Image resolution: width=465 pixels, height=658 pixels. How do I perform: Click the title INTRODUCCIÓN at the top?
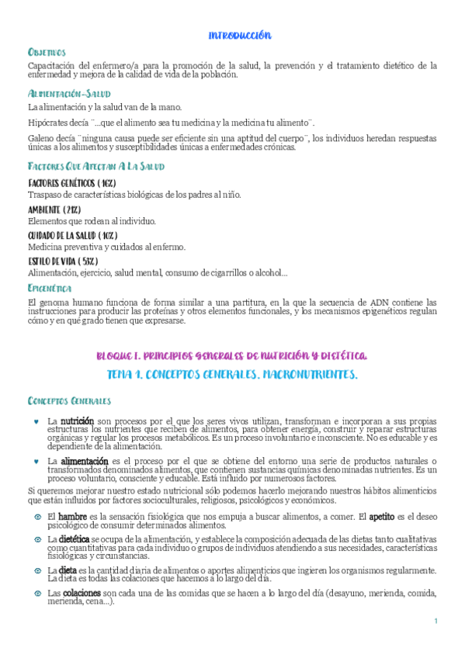[240, 36]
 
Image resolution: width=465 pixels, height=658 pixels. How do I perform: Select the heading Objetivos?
[47, 52]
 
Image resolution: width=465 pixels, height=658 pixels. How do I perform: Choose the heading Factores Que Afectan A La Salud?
[95, 167]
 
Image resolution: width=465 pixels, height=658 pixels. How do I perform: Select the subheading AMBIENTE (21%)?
[54, 210]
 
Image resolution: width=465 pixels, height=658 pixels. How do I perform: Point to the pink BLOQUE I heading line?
[232, 355]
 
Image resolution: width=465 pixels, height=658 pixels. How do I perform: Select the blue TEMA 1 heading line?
[232, 376]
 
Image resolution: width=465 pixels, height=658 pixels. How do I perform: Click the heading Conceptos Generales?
[69, 401]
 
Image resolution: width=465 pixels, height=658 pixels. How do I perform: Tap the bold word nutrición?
[77, 421]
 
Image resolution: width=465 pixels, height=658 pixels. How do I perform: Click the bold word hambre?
[72, 516]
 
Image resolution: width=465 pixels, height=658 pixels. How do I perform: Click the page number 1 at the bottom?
[436, 622]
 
